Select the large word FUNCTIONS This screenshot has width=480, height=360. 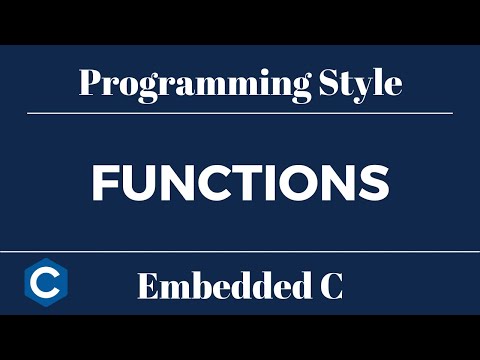tap(240, 183)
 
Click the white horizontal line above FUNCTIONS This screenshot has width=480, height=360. tap(240, 113)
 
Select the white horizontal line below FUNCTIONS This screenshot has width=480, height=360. tap(240, 251)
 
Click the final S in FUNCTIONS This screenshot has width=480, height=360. tap(372, 183)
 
